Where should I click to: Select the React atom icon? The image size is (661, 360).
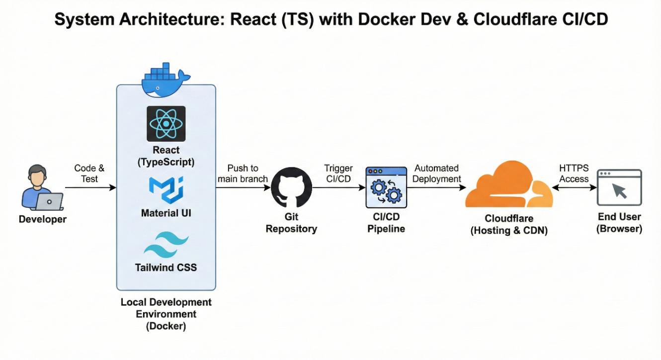tap(166, 123)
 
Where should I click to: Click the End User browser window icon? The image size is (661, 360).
tap(619, 187)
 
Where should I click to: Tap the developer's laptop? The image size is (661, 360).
tap(49, 201)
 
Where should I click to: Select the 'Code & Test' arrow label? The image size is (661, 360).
tap(89, 174)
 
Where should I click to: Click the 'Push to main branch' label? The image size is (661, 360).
tap(243, 174)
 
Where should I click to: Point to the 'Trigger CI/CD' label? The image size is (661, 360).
tap(338, 174)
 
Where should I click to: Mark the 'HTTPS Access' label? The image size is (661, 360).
tap(574, 174)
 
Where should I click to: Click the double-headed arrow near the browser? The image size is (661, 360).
tap(575, 188)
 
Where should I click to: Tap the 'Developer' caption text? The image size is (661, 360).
tap(43, 219)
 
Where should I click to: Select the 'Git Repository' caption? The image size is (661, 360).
tap(291, 223)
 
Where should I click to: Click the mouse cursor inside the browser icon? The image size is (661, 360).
tap(619, 190)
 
